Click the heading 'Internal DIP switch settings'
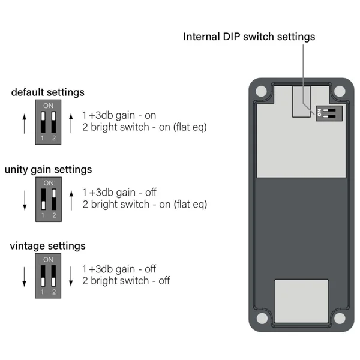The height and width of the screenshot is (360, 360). coord(249,37)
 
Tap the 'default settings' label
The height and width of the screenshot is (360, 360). coord(48,92)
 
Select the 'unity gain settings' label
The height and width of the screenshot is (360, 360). coord(48,170)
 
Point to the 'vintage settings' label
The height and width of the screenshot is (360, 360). coord(48,246)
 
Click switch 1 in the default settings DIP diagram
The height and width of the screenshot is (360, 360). coord(43,122)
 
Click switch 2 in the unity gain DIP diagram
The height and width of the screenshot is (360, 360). coord(54,199)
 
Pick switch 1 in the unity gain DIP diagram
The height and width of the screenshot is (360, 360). coord(43,199)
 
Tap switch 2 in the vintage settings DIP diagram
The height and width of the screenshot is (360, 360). coord(53,276)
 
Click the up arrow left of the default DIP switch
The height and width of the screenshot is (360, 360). coord(25,124)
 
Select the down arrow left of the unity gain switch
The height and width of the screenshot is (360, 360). coord(25,200)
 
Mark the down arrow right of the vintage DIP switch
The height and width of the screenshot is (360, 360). coord(71,277)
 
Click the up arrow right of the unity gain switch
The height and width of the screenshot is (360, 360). coord(71,200)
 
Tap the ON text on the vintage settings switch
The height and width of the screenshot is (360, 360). coord(48,260)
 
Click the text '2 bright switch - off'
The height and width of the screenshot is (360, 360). coord(126,281)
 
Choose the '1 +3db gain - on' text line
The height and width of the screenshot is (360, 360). coord(119,115)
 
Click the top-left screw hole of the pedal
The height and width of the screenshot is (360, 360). coord(261,91)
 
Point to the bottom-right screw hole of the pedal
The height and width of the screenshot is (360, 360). coord(340,319)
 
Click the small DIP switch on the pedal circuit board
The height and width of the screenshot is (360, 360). coord(329,113)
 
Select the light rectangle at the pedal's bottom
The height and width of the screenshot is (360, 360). coord(301,301)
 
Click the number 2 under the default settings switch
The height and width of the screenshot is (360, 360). coord(54,138)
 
